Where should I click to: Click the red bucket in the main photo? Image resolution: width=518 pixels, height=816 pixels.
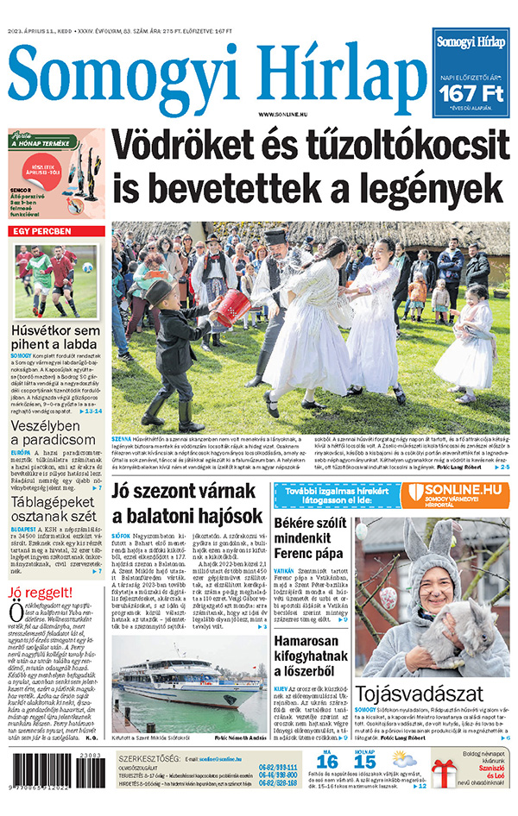(232, 308)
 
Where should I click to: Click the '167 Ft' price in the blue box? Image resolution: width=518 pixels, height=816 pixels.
(471, 92)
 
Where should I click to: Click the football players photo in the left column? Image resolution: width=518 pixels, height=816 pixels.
(57, 282)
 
